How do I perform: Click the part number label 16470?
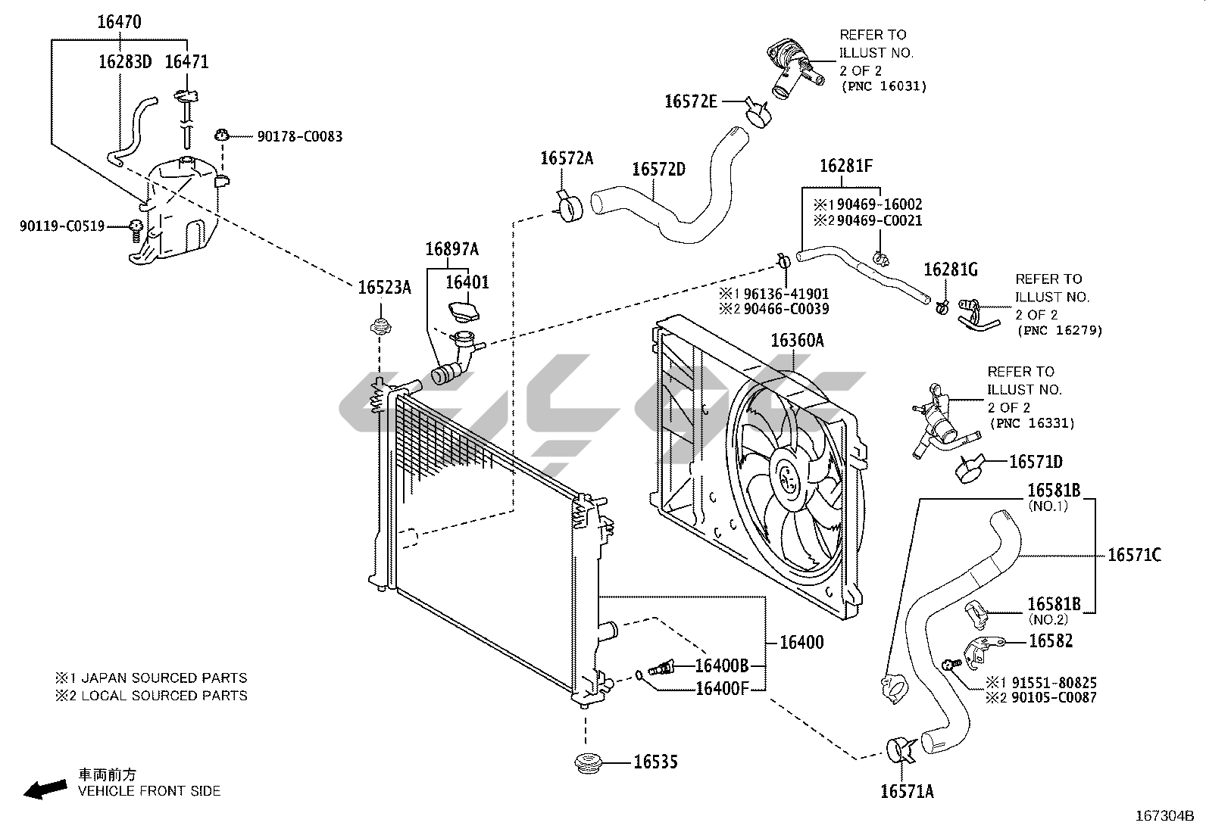tap(119, 22)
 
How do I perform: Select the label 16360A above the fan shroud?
tap(797, 341)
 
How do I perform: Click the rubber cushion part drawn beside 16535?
tap(585, 762)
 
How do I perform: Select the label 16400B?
tap(722, 665)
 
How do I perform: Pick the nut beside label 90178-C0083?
tap(222, 136)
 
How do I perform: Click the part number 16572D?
tap(658, 168)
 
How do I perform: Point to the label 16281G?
tap(951, 270)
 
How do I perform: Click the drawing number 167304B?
tap(1164, 816)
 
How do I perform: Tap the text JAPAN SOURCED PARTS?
tap(164, 678)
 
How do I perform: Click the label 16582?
tap(1051, 640)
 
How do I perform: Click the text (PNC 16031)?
tap(883, 87)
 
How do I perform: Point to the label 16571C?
tap(1134, 555)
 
